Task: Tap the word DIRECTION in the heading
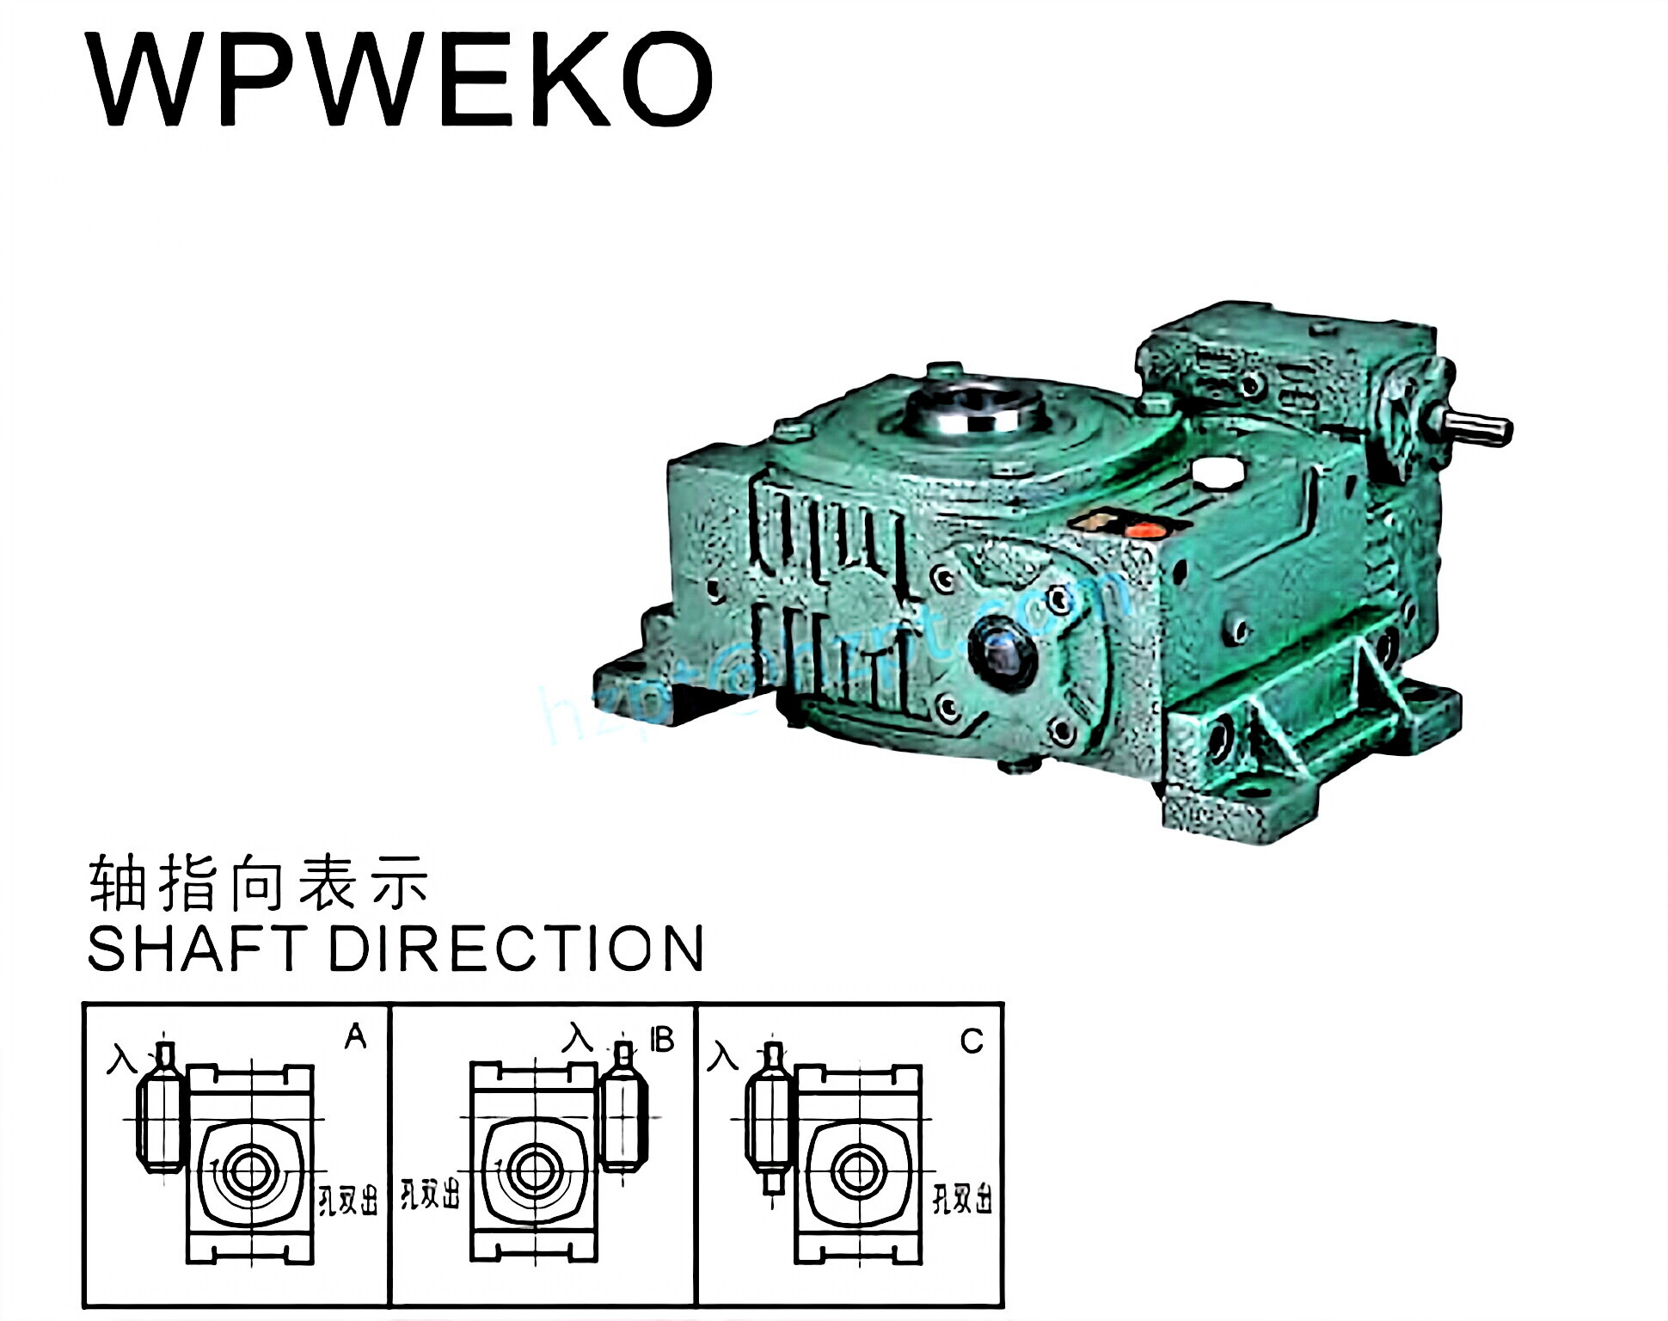point(517,949)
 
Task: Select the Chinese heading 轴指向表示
point(258,883)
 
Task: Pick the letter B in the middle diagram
point(662,1040)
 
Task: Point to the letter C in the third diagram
point(972,1041)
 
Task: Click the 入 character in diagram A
point(122,1059)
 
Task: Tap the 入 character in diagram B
point(578,1038)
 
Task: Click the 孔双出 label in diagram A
point(348,1201)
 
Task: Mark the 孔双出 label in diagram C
point(963,1198)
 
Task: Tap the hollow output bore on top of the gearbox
point(977,407)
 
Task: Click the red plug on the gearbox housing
point(1144,530)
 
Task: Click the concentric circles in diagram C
point(856,1170)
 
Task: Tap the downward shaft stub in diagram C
point(773,1184)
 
